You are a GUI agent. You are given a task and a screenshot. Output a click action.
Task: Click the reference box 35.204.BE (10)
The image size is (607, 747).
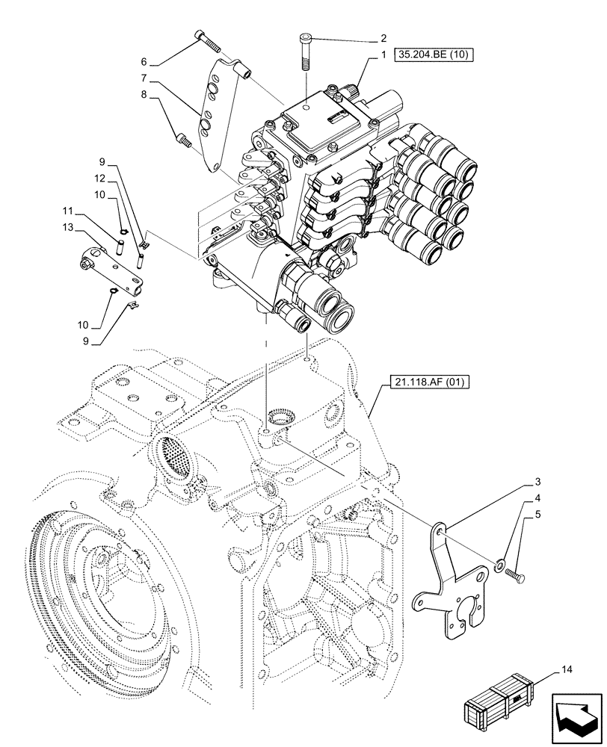433,55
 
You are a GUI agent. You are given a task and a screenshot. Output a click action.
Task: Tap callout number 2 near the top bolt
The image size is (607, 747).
383,38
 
